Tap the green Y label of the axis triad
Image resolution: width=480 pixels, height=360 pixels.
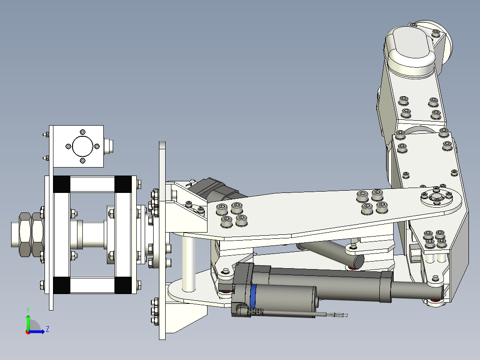coord(28,309)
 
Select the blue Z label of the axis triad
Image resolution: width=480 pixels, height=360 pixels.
coord(47,329)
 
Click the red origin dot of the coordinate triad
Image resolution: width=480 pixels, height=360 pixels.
coord(28,331)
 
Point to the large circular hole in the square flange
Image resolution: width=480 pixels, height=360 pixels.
coord(82,146)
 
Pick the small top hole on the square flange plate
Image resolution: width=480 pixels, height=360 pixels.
coord(82,132)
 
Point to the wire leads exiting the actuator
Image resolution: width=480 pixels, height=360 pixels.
coord(332,315)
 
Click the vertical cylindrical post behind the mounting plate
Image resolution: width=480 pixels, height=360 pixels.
coord(189,263)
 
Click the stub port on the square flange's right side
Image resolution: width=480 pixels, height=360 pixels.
coord(110,146)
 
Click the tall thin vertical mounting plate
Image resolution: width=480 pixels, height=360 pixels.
coord(162,241)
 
